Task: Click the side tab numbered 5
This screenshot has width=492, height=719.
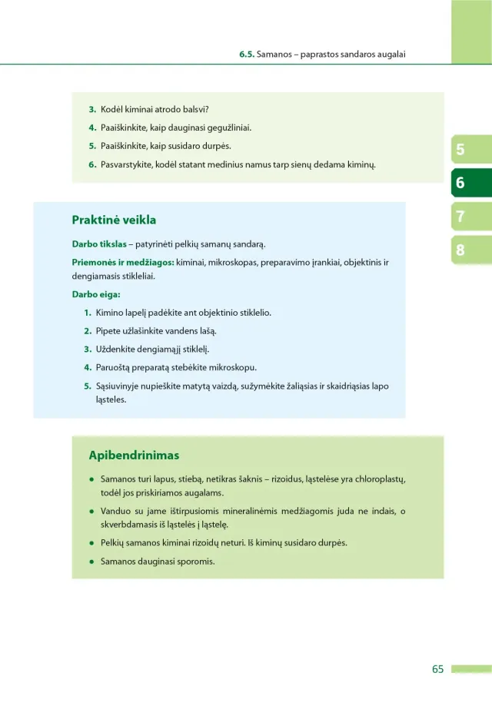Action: click(460, 150)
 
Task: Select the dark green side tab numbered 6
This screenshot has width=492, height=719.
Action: click(460, 183)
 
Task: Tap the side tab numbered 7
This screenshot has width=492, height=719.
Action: click(460, 217)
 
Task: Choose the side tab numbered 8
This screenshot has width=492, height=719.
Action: click(460, 250)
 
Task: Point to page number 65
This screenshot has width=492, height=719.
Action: click(437, 669)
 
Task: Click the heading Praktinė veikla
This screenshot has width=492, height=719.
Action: click(114, 220)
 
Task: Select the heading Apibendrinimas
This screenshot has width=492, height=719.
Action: click(134, 456)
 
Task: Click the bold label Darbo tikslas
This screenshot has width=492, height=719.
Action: click(98, 245)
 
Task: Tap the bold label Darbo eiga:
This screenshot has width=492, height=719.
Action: click(96, 294)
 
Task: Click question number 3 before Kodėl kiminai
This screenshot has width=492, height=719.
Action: click(91, 110)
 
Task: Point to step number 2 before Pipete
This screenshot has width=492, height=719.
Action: click(88, 331)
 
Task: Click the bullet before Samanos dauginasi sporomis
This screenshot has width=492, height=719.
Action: click(91, 562)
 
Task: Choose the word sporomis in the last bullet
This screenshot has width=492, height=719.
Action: click(195, 562)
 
